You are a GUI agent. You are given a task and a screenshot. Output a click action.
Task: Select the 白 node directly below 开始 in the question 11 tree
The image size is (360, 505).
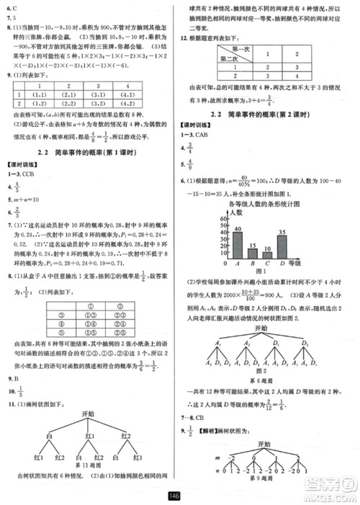pos(48,435)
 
